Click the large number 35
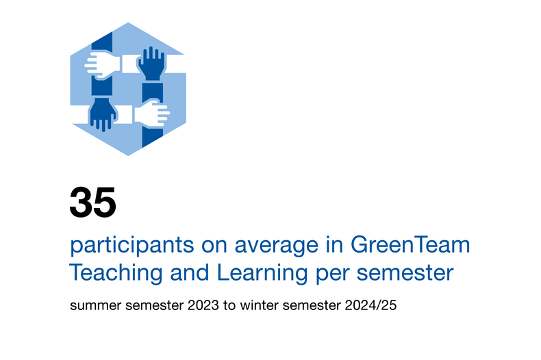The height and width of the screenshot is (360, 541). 93,202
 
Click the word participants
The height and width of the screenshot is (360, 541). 132,246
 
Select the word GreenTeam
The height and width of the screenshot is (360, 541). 410,244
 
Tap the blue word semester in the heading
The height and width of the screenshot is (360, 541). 405,274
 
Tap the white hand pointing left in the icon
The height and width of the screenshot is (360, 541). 101,65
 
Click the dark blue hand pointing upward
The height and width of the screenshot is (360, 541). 151,63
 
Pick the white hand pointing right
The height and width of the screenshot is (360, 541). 153,113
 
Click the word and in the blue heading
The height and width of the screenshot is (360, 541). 190,272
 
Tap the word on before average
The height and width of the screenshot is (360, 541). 214,246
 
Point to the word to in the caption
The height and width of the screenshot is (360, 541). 229,305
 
